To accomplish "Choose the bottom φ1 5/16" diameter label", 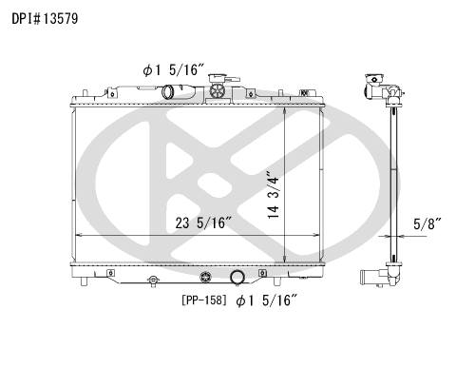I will click(268, 301).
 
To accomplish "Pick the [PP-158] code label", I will click(203, 301).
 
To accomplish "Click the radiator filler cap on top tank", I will click(220, 91).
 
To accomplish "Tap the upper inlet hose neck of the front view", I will click(171, 92).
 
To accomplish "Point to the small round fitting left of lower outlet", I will click(152, 281).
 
